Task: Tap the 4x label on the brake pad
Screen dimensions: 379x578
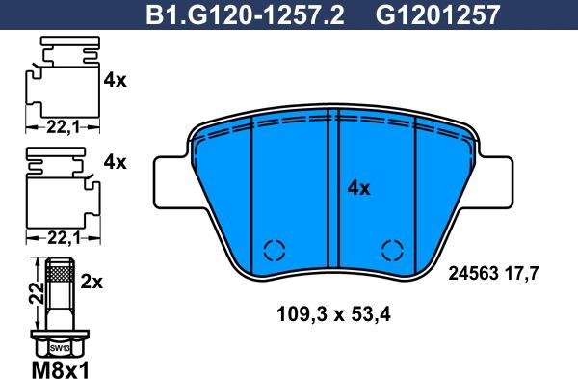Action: tap(358, 188)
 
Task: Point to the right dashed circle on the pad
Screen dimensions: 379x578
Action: tap(392, 250)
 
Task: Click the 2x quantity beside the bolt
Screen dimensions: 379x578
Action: tap(92, 282)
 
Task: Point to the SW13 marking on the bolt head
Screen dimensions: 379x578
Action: tap(60, 345)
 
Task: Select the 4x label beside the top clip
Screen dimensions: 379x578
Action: tap(115, 81)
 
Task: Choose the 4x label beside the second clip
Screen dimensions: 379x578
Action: tap(115, 161)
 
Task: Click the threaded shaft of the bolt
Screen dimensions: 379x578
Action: tap(59, 289)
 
